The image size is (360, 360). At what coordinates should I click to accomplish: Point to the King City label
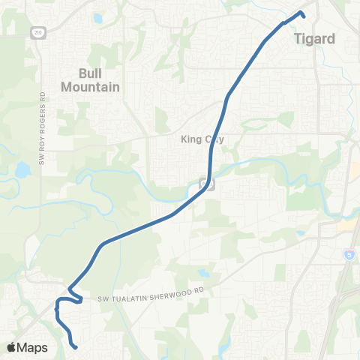coord(202,139)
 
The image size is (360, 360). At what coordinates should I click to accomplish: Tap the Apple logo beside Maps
coord(11,347)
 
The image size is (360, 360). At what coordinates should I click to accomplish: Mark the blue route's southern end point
coord(75,346)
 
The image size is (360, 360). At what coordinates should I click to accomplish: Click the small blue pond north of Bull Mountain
coord(97,17)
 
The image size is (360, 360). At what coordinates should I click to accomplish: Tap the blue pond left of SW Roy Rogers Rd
coord(22,169)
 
